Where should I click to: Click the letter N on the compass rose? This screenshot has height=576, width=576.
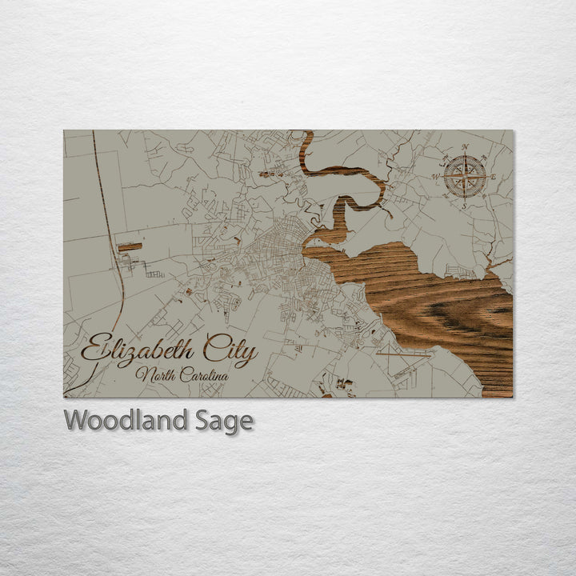466,147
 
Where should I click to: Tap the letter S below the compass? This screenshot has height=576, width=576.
463,206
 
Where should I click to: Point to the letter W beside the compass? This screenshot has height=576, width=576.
436,176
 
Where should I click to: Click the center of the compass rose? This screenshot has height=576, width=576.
465,176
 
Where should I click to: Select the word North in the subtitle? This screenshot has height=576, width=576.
154,374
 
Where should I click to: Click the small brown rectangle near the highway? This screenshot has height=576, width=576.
129,248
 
